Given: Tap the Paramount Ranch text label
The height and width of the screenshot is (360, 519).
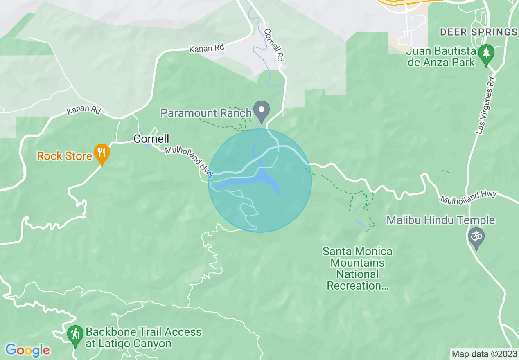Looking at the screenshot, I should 205,112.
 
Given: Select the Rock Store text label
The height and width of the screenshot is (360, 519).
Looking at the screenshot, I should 64,156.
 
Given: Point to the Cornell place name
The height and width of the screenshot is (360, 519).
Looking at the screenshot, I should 151,139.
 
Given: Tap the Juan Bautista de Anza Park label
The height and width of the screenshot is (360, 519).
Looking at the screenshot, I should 441,57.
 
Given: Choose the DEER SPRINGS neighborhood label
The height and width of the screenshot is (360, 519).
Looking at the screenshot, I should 478,32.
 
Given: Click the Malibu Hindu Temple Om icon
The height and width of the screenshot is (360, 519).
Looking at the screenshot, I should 476,237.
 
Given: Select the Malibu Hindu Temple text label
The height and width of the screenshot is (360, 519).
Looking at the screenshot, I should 440,220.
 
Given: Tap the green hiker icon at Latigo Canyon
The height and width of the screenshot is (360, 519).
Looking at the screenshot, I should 75,334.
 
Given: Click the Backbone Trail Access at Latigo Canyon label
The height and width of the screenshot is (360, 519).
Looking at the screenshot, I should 143,337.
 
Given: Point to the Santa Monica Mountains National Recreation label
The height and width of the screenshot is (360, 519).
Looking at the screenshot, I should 357,268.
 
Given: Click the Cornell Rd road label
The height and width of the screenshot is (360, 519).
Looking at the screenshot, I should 274,45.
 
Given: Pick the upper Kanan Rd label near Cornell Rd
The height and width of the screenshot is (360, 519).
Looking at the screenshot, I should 207,48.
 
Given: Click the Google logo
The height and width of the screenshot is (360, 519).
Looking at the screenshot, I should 27,350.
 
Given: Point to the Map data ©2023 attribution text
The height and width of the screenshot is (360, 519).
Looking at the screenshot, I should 484,353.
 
